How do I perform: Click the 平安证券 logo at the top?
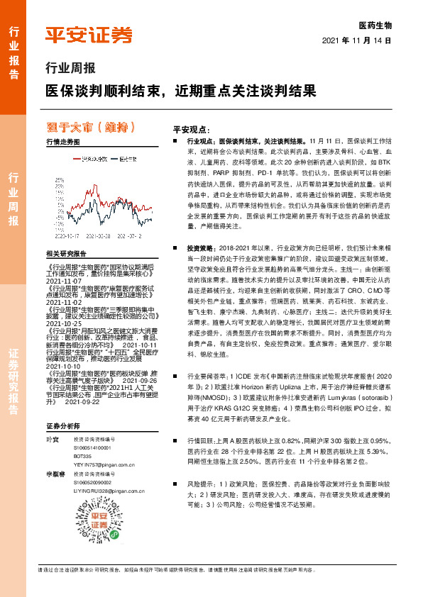(88, 34)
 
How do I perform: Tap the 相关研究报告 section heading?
(65, 253)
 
